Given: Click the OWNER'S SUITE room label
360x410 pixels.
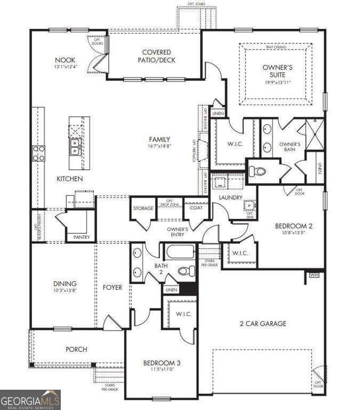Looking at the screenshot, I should pos(276,72).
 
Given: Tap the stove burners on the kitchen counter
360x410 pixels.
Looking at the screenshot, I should pos(39,153).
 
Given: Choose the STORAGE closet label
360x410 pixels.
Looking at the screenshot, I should pos(143,208).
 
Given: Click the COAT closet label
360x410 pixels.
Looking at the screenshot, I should pos(196,208).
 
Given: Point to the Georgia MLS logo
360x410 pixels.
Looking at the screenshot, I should pos(30,400).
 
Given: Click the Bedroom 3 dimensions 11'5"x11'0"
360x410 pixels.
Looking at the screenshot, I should pos(162,369).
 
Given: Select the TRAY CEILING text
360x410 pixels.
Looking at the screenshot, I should pos(275,48).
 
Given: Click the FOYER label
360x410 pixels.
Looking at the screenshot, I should pos(112,288).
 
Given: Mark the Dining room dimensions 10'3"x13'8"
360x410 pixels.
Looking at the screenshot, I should pos(64,291).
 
